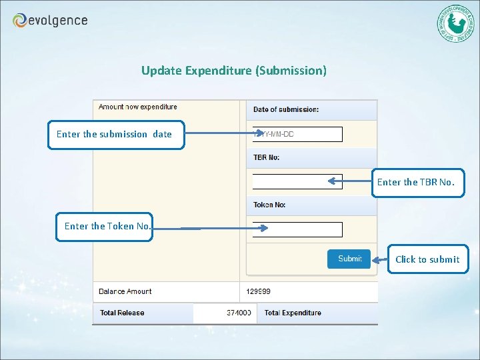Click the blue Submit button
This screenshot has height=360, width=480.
(x=349, y=259)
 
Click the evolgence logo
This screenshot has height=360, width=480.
(x=50, y=21)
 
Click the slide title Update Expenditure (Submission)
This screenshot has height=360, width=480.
(x=234, y=70)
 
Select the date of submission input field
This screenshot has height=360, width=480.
(x=297, y=134)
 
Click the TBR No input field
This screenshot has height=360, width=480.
(x=297, y=181)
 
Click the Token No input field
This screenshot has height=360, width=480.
(x=297, y=229)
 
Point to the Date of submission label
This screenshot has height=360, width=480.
(x=286, y=109)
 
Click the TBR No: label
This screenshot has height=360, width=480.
(x=267, y=157)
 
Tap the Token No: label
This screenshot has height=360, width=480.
(x=269, y=205)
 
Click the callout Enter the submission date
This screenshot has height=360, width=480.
(x=115, y=134)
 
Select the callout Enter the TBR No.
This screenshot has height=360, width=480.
(x=417, y=182)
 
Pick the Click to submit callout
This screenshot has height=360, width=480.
(x=427, y=259)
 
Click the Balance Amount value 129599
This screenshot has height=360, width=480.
(x=259, y=291)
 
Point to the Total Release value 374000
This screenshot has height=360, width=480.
(x=239, y=313)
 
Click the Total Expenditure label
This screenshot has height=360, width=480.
(x=293, y=313)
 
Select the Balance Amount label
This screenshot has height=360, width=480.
(x=125, y=291)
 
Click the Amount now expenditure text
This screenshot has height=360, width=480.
(x=138, y=107)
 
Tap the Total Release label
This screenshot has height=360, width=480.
(x=122, y=313)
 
